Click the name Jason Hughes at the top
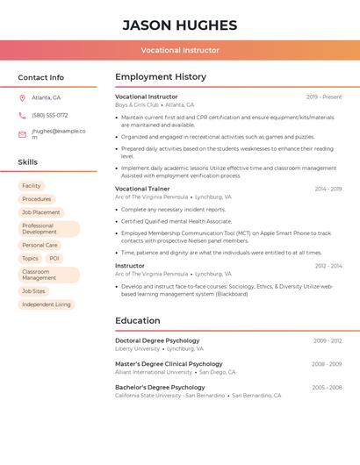(x=180, y=25)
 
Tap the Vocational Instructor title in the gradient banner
(x=180, y=50)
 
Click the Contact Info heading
(x=40, y=77)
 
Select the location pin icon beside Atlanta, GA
(x=22, y=97)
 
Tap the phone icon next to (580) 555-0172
(x=22, y=115)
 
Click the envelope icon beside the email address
(x=22, y=134)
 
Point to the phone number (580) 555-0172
(x=49, y=115)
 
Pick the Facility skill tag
(x=32, y=186)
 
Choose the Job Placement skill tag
(x=41, y=212)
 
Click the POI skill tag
(x=54, y=258)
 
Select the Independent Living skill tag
(x=47, y=304)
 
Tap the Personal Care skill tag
(x=40, y=245)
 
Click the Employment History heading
(x=161, y=77)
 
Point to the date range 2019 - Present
(x=324, y=97)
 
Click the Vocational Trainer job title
(x=142, y=189)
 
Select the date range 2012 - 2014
(x=328, y=265)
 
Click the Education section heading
(x=137, y=321)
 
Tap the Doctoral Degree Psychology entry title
(x=157, y=340)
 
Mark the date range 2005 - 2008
(x=327, y=387)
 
